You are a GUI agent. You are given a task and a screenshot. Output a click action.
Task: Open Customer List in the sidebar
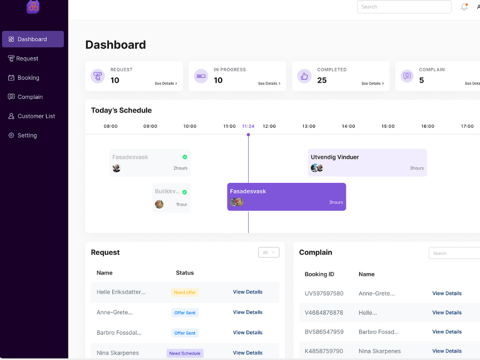pyautogui.click(x=32, y=116)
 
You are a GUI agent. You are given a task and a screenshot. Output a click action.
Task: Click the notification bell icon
pyautogui.click(x=464, y=7)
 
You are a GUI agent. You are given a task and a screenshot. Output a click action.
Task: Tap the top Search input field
pyautogui.click(x=404, y=7)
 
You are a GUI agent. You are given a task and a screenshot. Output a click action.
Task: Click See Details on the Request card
pyautogui.click(x=166, y=83)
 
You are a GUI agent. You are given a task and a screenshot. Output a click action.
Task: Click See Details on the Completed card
pyautogui.click(x=372, y=83)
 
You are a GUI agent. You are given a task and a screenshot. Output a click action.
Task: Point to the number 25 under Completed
pyautogui.click(x=322, y=80)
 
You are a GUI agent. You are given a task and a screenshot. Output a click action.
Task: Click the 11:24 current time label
pyautogui.click(x=248, y=126)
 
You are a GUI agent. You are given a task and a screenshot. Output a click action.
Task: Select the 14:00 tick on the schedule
pyautogui.click(x=348, y=126)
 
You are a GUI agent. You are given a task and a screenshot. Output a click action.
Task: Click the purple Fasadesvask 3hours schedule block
pyautogui.click(x=287, y=197)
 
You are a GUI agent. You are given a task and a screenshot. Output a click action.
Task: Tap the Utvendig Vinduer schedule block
pyautogui.click(x=367, y=163)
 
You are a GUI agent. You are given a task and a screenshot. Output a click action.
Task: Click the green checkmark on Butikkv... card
pyautogui.click(x=185, y=192)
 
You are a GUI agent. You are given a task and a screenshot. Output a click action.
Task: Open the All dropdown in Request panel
pyautogui.click(x=269, y=252)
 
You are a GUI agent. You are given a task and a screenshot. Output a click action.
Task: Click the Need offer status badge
pyautogui.click(x=185, y=292)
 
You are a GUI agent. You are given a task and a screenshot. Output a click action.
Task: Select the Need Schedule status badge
pyautogui.click(x=185, y=353)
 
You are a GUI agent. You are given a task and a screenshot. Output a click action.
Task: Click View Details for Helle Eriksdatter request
pyautogui.click(x=248, y=292)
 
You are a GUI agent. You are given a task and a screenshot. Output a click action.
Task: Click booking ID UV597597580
pyautogui.click(x=324, y=294)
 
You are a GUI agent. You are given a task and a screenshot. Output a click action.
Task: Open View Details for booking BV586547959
pyautogui.click(x=447, y=332)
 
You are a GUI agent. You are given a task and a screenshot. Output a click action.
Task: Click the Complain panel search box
pyautogui.click(x=454, y=253)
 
